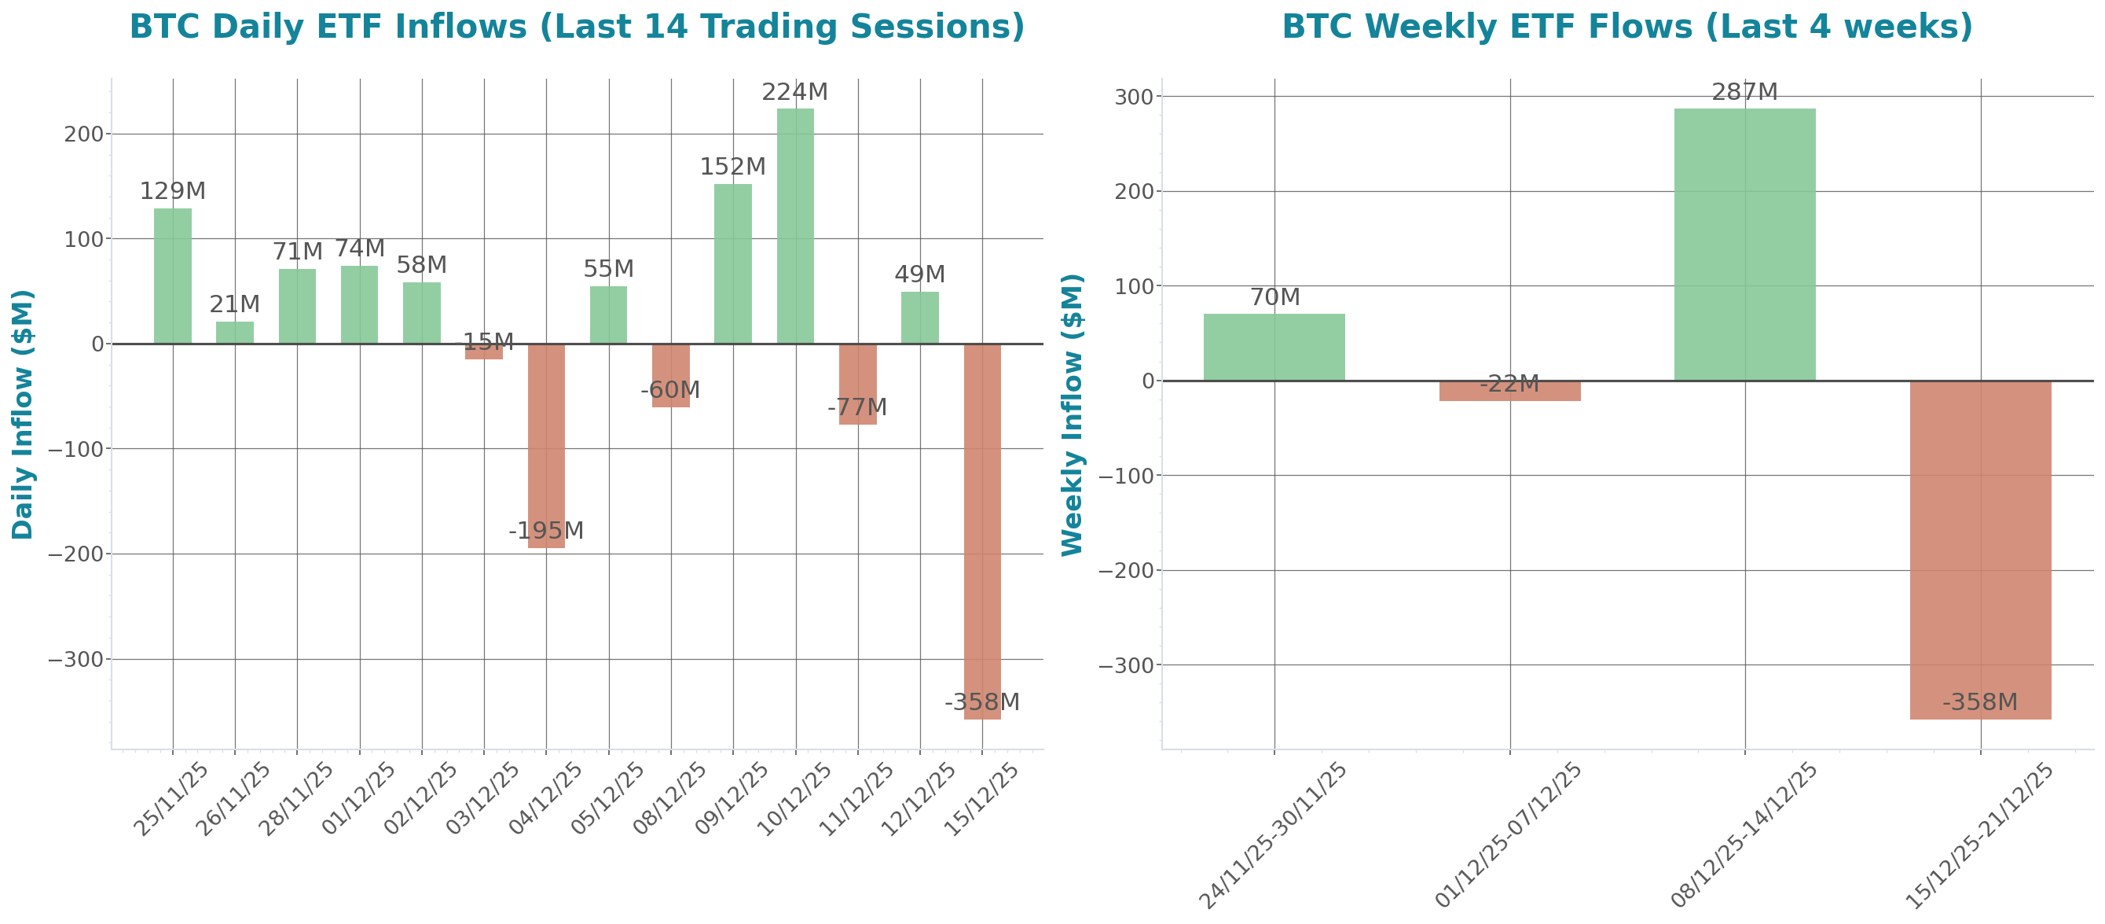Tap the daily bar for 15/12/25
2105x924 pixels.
[982, 532]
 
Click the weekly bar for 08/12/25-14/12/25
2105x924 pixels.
[1744, 245]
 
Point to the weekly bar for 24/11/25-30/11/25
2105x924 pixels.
[1274, 348]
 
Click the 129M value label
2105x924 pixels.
[171, 191]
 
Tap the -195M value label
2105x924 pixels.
[546, 531]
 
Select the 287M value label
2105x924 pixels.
[1744, 91]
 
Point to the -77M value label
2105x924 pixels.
[856, 407]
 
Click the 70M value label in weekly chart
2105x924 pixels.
[1274, 297]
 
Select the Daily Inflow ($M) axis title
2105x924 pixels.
[23, 414]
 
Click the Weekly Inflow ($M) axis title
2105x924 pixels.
[1071, 414]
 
